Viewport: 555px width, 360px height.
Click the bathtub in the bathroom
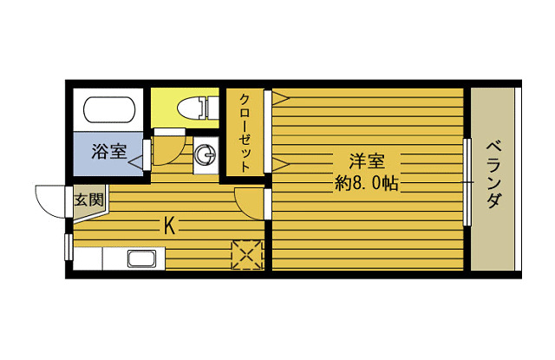[109, 110]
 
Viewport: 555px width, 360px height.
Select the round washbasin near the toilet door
[206, 155]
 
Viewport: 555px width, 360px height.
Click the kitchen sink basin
[142, 259]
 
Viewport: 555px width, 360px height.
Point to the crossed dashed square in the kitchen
[246, 254]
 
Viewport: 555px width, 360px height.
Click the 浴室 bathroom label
[108, 151]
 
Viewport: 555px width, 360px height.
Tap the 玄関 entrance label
[88, 200]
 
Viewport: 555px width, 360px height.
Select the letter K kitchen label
[170, 226]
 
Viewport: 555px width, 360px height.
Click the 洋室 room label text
[367, 161]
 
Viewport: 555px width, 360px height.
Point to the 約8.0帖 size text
[367, 184]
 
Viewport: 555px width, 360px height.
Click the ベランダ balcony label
[493, 175]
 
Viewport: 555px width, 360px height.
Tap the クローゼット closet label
[245, 133]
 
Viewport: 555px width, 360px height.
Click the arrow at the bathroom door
[135, 163]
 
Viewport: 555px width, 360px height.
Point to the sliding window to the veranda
[467, 182]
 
